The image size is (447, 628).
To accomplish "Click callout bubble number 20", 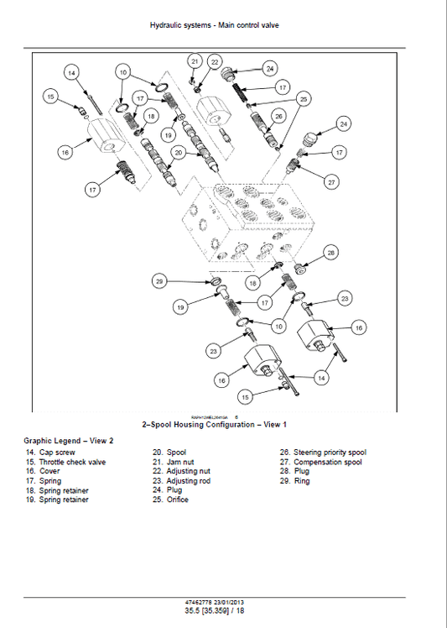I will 178,152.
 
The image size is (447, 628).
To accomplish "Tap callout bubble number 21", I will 195,61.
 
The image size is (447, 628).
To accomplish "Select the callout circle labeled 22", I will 215,61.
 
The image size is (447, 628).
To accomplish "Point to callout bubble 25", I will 304,99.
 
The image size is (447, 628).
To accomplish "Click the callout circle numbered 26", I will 279,116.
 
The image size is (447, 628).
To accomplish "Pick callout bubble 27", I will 331,182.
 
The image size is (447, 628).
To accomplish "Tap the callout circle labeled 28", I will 331,252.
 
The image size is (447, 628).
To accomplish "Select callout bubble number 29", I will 159,281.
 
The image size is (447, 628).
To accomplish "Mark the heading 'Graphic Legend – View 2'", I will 68,440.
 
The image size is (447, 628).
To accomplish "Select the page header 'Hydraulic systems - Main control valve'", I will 214,25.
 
